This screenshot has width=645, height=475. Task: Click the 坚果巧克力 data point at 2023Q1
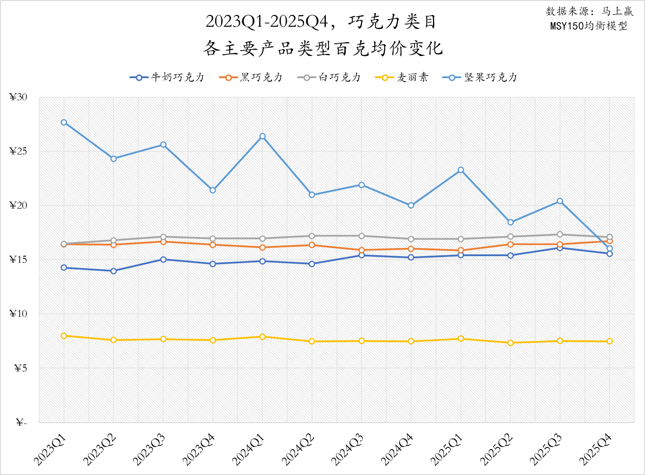coord(64,123)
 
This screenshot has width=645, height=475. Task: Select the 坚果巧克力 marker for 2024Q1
coord(263,136)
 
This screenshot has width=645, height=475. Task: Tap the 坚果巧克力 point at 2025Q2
coord(510,222)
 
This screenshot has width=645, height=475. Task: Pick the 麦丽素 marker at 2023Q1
coord(64,336)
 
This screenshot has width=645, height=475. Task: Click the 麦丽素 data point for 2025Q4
coord(609,341)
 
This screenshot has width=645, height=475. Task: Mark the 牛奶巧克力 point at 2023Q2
coord(114,271)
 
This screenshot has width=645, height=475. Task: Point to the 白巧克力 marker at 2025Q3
coord(560,234)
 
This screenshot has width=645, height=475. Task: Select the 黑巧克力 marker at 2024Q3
coord(362,250)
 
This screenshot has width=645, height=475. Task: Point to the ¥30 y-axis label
coord(18,97)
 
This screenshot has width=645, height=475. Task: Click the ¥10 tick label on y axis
coord(18,314)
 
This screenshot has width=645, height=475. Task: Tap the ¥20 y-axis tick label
coord(18,206)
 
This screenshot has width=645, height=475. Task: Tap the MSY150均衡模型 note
coord(589,26)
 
